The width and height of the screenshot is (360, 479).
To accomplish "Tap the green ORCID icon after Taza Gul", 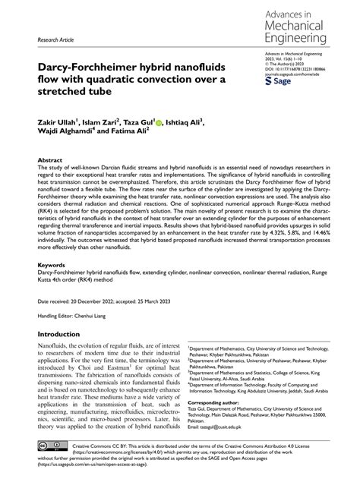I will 159,120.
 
